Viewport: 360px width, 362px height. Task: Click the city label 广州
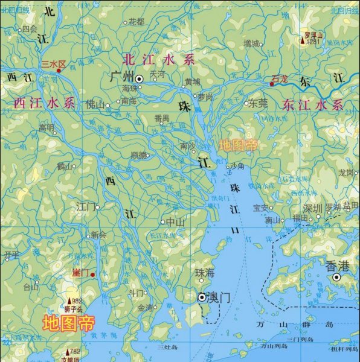tap(123, 78)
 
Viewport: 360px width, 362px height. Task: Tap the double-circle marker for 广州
tap(140, 78)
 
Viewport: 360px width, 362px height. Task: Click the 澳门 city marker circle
tap(202, 297)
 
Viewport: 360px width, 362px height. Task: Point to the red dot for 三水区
tap(59, 71)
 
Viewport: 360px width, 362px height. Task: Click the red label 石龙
tap(280, 78)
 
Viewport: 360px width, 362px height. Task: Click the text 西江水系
tap(44, 103)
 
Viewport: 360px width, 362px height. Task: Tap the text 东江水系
tap(312, 105)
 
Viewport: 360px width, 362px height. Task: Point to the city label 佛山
tap(95, 104)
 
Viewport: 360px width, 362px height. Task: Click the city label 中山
tap(175, 221)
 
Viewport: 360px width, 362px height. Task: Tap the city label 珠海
tap(205, 273)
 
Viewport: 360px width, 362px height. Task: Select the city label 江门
tap(85, 207)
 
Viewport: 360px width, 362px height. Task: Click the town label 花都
tap(137, 22)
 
